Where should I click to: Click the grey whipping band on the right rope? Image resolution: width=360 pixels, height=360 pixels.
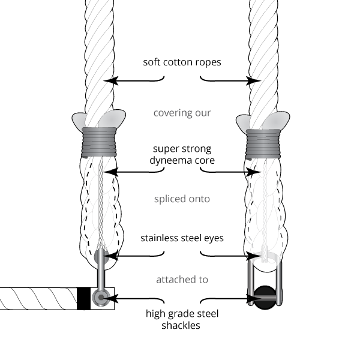click(262, 143)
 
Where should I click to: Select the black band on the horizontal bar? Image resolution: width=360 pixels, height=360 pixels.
click(84, 298)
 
